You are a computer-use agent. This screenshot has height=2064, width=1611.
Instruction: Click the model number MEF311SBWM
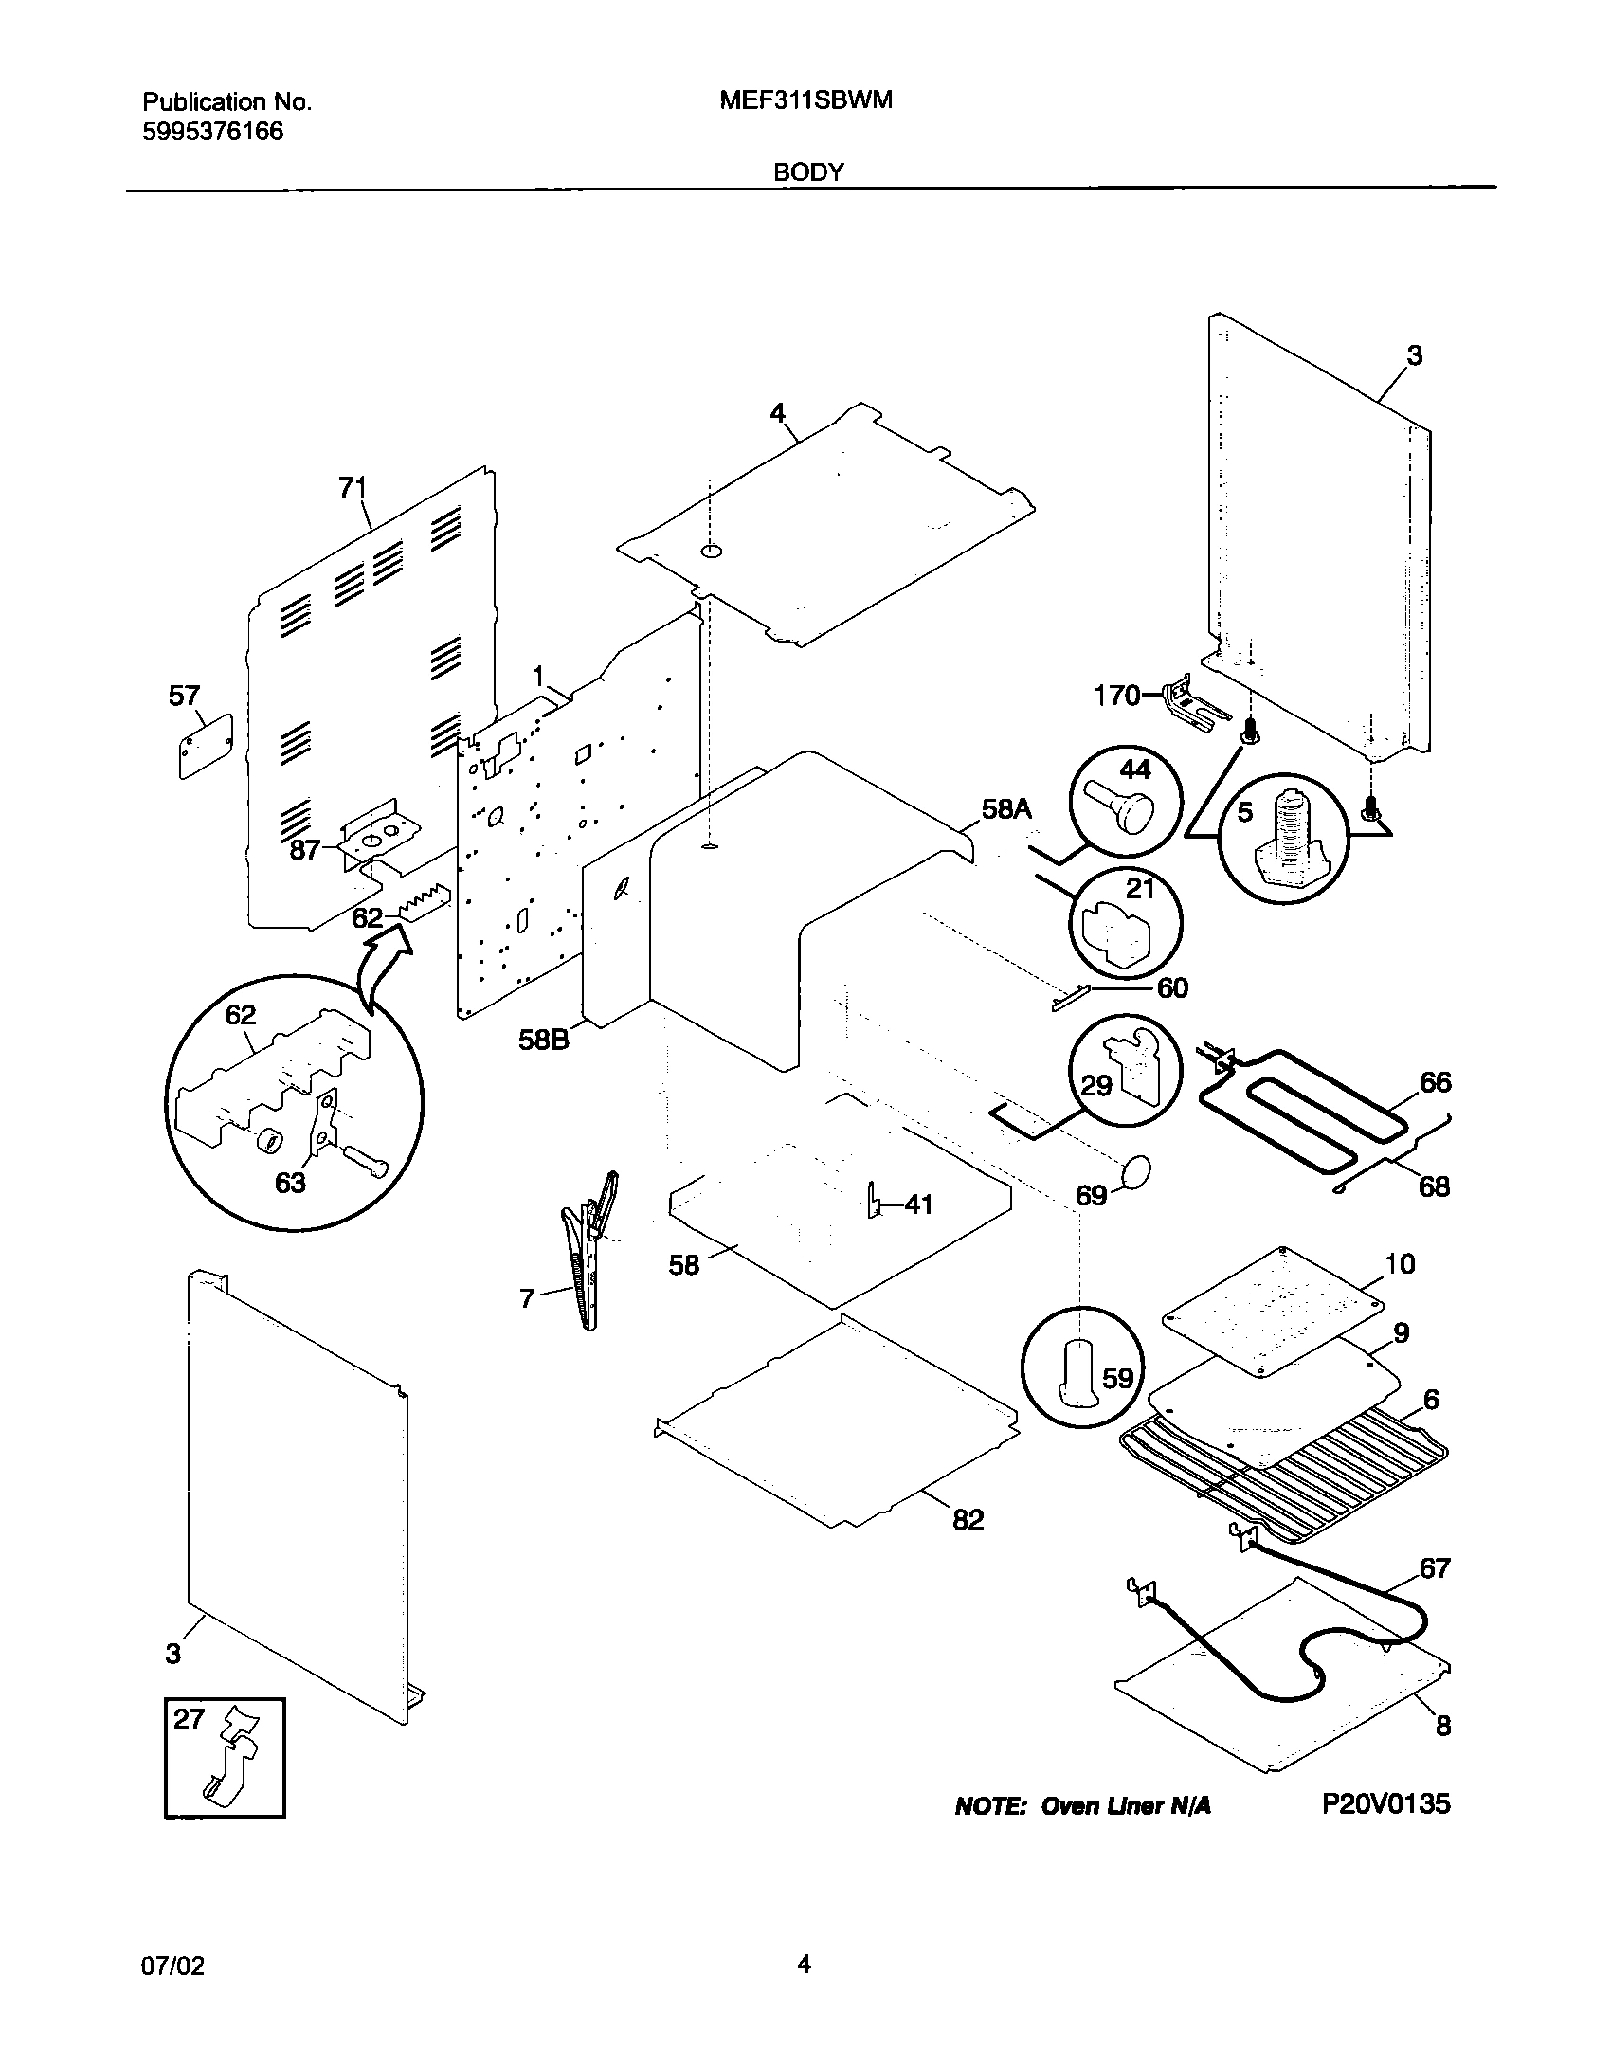(805, 100)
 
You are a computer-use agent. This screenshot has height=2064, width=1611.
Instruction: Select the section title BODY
(808, 172)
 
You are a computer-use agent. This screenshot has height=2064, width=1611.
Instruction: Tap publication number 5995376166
(212, 132)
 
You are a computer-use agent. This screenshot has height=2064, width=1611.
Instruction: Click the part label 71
(353, 487)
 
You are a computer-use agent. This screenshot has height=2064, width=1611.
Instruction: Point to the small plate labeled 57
(206, 747)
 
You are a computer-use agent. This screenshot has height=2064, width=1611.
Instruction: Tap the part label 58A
(1006, 809)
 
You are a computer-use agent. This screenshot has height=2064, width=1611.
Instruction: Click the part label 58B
(544, 1040)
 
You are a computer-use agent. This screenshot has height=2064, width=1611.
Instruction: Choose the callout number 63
(290, 1182)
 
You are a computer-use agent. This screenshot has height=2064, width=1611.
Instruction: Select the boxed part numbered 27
(225, 1757)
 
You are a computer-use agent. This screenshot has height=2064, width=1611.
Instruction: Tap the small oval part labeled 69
(1135, 1172)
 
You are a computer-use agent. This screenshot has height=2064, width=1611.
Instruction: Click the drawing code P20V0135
(1385, 1802)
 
